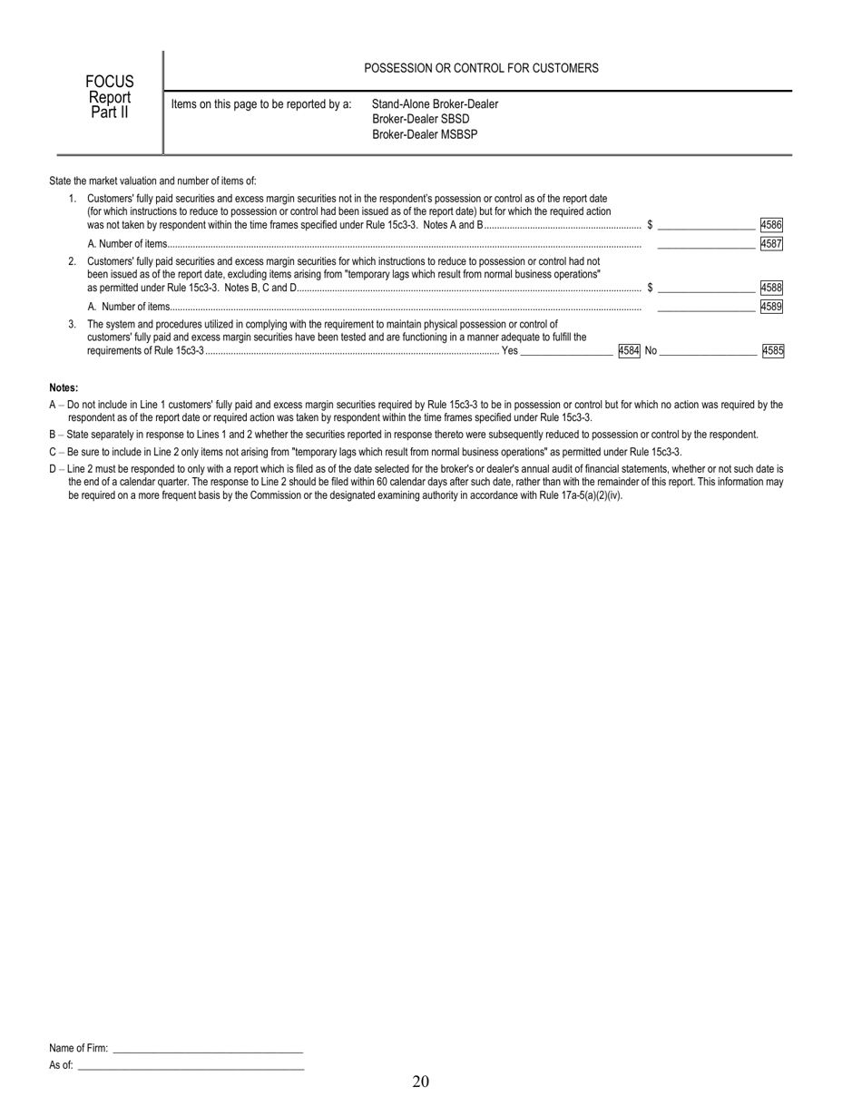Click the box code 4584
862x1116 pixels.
629,350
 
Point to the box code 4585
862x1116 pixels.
772,350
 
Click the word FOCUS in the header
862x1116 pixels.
109,83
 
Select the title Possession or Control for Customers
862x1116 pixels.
481,68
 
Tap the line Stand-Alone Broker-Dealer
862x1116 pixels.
435,103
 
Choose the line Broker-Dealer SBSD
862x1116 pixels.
420,119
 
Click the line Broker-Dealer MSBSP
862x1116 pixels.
425,134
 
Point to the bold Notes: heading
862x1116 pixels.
64,387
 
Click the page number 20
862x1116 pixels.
420,1081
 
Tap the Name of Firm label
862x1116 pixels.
78,1048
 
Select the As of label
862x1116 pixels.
61,1065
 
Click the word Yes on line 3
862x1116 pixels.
510,350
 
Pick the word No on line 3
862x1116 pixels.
651,350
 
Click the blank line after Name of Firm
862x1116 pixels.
208,1050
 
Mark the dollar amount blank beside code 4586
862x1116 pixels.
706,224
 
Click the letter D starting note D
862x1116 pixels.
53,469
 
